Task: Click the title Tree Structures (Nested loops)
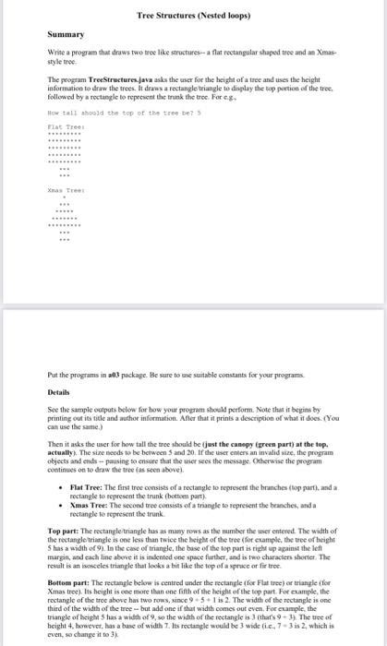point(193,16)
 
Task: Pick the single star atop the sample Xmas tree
point(64,195)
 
